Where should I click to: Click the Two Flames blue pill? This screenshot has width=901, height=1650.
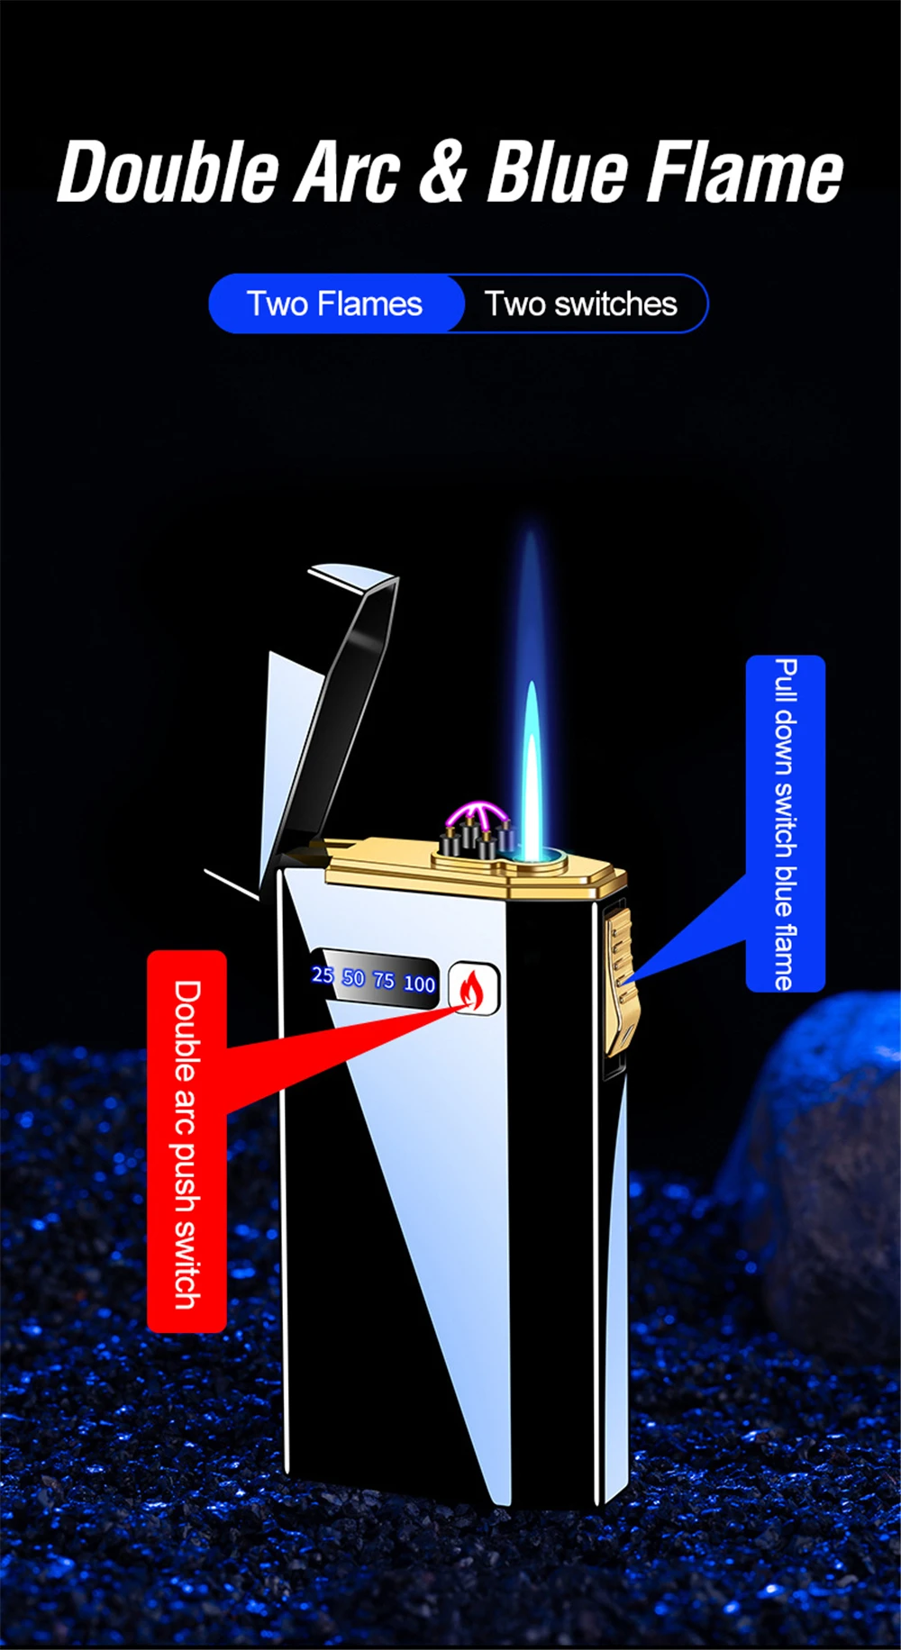335,304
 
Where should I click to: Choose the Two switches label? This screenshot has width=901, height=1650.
581,304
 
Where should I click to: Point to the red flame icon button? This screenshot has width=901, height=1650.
472,989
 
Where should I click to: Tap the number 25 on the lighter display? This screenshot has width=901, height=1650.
322,975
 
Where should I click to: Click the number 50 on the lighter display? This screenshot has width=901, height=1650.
353,978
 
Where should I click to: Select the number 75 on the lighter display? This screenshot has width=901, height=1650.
384,981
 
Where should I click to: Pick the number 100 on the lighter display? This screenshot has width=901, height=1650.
419,984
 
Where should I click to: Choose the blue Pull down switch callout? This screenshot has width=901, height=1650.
786,823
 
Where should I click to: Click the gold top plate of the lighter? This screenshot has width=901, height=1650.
469,869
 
